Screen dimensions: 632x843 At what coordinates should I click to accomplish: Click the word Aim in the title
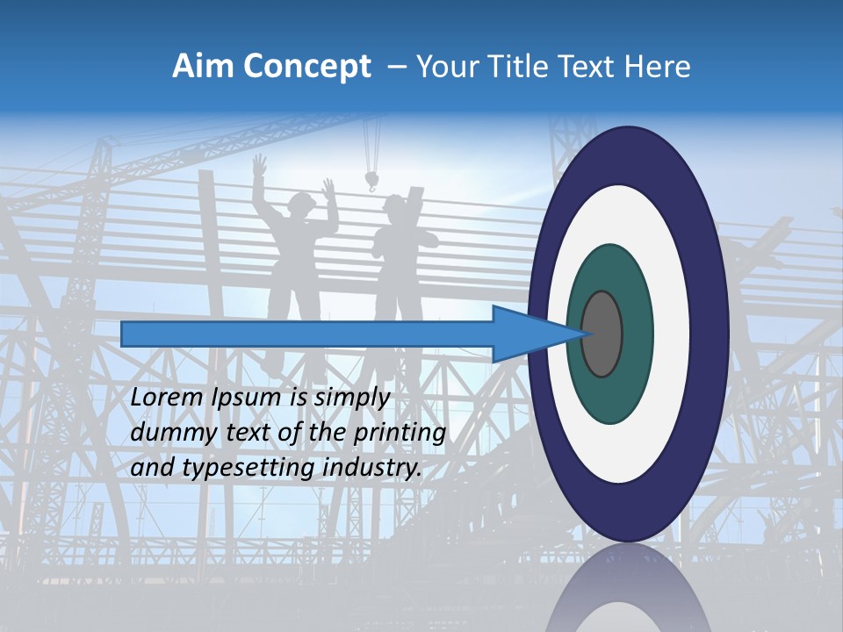(x=202, y=67)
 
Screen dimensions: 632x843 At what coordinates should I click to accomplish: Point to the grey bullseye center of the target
(x=602, y=334)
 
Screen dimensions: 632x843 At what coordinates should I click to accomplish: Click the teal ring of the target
(x=609, y=395)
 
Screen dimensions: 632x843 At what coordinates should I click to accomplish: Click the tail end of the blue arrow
(x=124, y=334)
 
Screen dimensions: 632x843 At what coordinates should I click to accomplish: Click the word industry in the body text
(x=372, y=468)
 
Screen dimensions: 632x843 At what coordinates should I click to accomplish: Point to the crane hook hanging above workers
(x=372, y=182)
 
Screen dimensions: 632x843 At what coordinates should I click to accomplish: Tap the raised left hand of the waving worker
(x=259, y=164)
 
